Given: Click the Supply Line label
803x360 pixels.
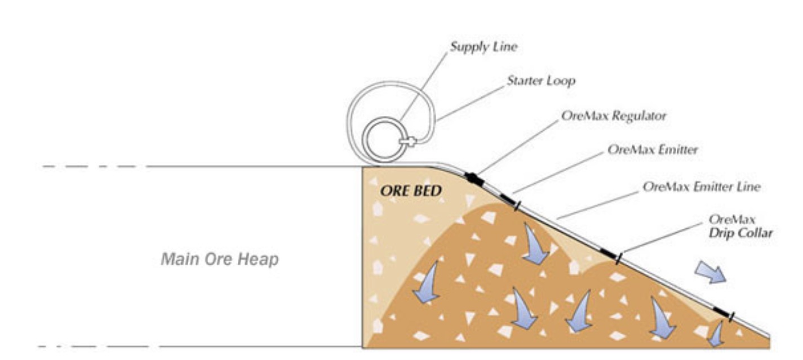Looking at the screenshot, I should tap(483, 47).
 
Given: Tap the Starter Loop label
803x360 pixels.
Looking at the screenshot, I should tap(541, 81).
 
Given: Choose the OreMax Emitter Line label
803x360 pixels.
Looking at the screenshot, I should tap(701, 186).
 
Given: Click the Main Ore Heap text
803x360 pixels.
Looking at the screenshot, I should tap(219, 260).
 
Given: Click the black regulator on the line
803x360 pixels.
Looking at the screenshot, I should tap(472, 179).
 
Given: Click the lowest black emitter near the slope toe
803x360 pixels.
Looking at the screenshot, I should tap(722, 312).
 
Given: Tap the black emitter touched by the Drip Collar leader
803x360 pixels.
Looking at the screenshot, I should tap(609, 254).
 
